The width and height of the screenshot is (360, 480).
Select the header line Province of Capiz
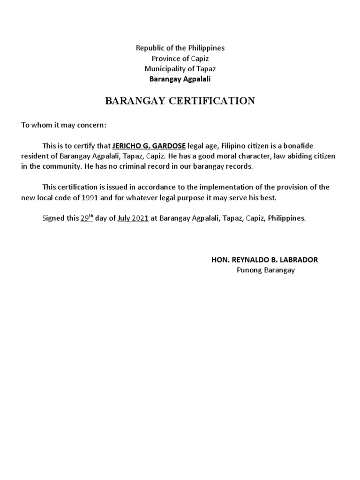[x=180, y=58]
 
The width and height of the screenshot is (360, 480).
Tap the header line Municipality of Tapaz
[x=180, y=68]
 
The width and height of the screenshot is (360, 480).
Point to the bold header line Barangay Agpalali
[x=180, y=79]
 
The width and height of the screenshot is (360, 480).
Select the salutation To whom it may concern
[x=64, y=126]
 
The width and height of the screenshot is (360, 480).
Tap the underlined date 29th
[x=87, y=218]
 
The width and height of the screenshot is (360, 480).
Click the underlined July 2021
[x=133, y=218]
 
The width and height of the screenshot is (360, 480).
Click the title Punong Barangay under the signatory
[x=266, y=270]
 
